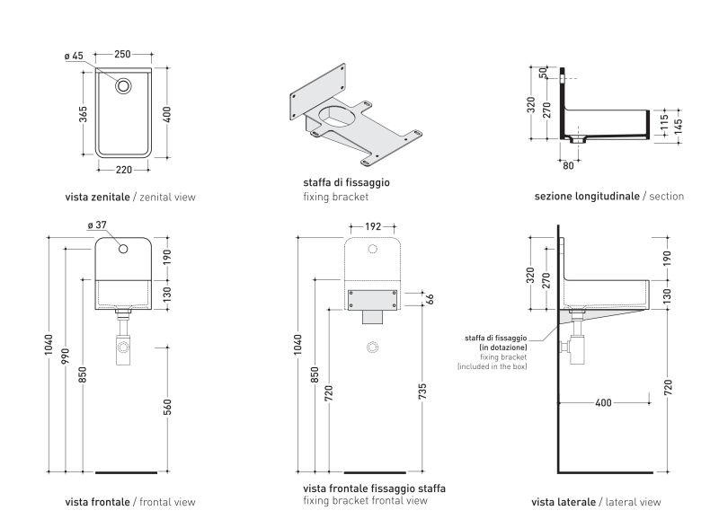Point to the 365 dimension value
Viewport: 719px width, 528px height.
82,116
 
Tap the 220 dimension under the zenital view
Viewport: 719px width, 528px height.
124,168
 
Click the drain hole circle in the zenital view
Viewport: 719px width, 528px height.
124,86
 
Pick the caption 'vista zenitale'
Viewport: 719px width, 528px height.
98,196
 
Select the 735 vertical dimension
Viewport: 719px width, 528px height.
423,390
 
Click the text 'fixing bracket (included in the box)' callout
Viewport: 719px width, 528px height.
493,362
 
